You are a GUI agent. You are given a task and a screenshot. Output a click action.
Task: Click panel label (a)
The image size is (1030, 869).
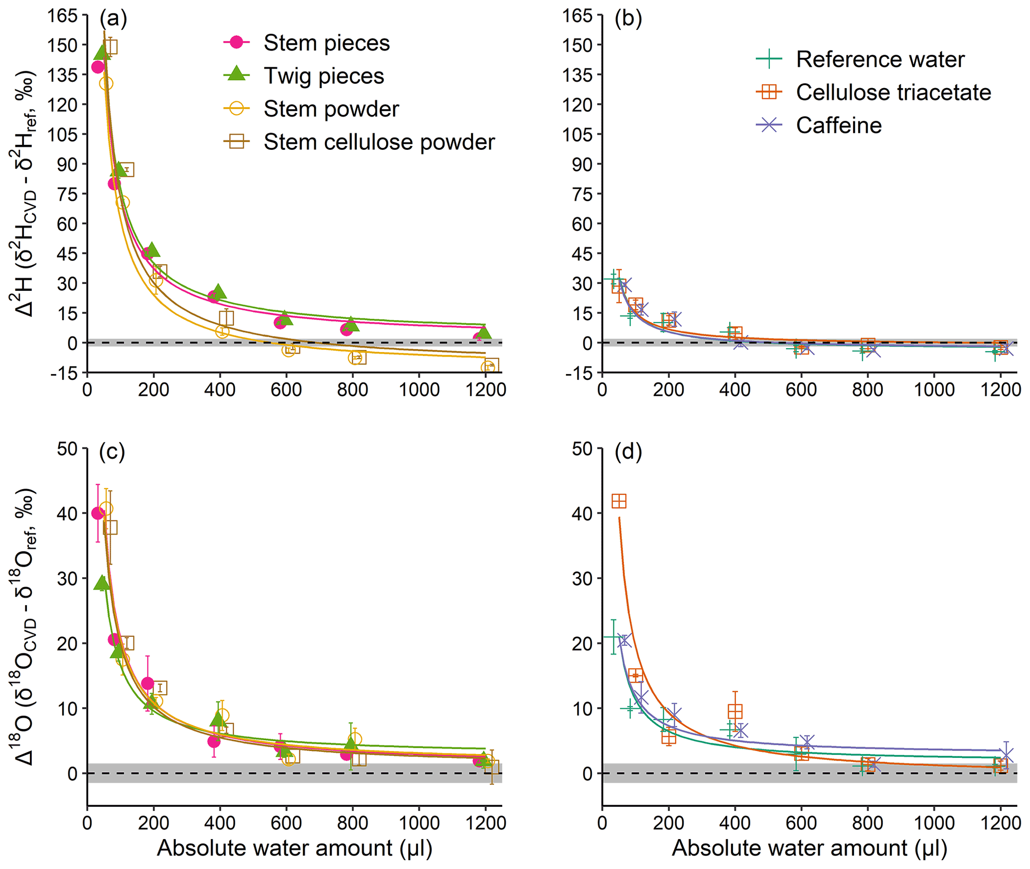point(113,18)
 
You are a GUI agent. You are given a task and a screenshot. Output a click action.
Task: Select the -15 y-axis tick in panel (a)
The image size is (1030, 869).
point(65,373)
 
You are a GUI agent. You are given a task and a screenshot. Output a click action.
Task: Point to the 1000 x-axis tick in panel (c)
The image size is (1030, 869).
point(419,822)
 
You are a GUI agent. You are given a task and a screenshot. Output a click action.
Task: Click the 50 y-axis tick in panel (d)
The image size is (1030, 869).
point(582,449)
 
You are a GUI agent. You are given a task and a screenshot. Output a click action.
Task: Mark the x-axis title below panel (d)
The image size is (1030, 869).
point(809,848)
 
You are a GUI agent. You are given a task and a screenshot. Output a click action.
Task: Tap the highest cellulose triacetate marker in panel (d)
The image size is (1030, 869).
point(619,501)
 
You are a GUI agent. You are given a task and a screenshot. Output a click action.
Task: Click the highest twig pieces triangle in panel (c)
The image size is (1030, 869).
point(102,582)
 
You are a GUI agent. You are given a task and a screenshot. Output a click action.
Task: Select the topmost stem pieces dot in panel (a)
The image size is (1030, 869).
point(98,67)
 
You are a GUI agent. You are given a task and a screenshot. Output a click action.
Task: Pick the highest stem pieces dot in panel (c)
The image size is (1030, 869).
point(98,513)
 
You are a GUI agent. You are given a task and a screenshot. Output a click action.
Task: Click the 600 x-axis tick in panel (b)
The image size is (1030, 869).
point(801,389)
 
